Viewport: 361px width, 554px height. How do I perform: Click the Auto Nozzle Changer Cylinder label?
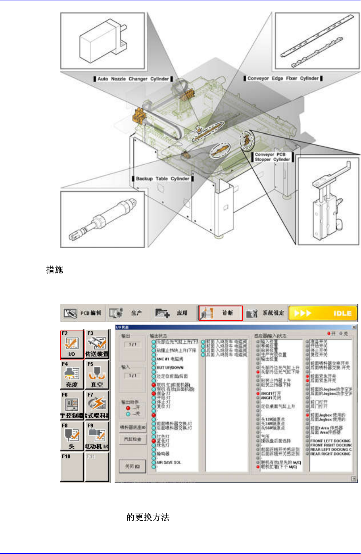click(133, 79)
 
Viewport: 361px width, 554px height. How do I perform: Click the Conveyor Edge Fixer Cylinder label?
click(283, 78)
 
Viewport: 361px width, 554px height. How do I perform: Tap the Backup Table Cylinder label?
click(162, 179)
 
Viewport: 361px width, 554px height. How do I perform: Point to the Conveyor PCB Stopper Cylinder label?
click(272, 157)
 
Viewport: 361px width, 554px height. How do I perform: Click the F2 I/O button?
click(72, 344)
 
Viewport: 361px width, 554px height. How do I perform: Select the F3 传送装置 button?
click(97, 344)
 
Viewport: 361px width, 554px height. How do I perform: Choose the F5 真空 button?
click(97, 375)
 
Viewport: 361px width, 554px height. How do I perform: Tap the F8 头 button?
click(72, 436)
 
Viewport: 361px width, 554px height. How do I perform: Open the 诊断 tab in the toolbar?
click(221, 313)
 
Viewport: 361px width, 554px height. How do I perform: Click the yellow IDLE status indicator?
click(323, 313)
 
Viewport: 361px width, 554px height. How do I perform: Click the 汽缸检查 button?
click(133, 439)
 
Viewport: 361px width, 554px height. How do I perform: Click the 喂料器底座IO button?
click(133, 427)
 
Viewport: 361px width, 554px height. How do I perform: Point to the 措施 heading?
click(55, 270)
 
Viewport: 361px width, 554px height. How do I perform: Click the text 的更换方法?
click(148, 517)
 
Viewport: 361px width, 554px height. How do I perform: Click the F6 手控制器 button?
click(72, 405)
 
